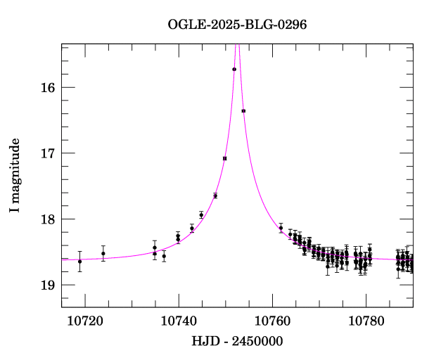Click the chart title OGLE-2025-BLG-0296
point(237,25)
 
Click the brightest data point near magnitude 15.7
point(234,69)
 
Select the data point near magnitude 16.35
point(243,111)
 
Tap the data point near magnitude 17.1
point(224,159)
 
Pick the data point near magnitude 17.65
point(215,195)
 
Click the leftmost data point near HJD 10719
point(79,262)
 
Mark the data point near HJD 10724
point(103,254)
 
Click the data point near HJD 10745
point(201,215)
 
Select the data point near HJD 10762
point(281,228)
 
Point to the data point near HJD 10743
point(192,229)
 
